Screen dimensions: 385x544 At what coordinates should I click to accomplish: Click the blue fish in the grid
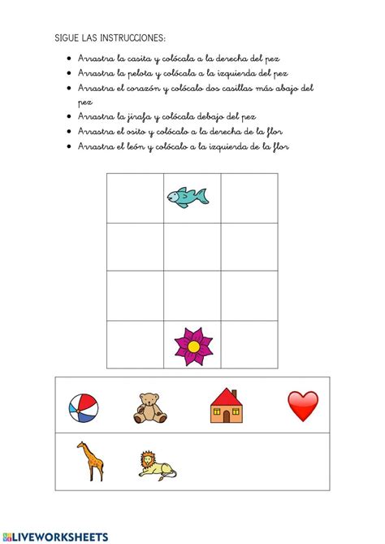click(188, 196)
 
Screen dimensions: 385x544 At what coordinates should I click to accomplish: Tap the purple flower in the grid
click(192, 346)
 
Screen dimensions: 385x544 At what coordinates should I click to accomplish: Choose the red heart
click(302, 406)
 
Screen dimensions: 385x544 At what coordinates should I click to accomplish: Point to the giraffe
click(90, 461)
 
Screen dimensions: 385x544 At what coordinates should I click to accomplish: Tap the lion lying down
click(157, 464)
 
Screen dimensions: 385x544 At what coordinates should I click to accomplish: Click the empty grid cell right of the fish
click(249, 198)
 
